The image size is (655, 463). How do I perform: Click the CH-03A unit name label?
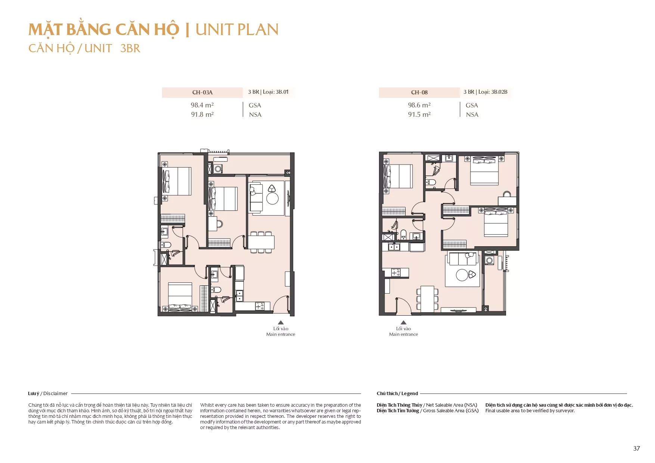pos(202,93)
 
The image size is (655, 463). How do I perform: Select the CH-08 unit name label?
pos(419,93)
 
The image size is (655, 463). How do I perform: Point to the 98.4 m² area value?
pos(202,105)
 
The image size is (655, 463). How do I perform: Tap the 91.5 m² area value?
pos(419,115)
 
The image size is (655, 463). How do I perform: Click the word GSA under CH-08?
pos(472,106)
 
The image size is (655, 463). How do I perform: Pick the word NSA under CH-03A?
pos(255,115)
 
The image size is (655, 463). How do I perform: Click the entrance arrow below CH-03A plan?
pos(281,322)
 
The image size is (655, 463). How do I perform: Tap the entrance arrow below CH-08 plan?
pos(403,322)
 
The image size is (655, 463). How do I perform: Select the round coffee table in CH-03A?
pos(273,198)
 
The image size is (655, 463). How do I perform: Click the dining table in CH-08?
pos(427,298)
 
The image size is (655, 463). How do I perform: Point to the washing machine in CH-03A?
pos(218,169)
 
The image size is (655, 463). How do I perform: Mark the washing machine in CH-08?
pos(489,260)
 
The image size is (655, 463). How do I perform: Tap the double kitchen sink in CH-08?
pos(394,247)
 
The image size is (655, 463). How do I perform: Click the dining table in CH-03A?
pos(261,242)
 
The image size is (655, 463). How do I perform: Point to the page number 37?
pos(636,448)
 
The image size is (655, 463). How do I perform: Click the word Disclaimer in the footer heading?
pos(55,394)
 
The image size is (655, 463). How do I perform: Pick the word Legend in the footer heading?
pos(410,394)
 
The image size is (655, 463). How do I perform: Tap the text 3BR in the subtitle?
pos(130,49)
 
